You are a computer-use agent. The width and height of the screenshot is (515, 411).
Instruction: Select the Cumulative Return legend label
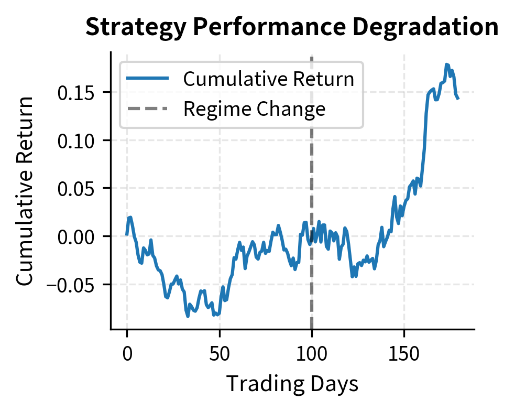(268, 79)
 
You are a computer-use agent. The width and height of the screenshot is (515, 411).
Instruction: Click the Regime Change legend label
(254, 109)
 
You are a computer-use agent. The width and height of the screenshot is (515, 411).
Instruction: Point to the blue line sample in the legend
(147, 79)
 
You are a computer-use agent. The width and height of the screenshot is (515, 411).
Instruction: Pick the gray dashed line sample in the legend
(147, 109)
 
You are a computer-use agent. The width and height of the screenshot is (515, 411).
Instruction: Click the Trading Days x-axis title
(292, 384)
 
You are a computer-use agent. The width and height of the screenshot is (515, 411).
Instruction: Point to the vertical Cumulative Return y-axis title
(25, 191)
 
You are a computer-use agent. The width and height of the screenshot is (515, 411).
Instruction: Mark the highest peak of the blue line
(447, 64)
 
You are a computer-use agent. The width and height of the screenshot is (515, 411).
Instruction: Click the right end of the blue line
(458, 98)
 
